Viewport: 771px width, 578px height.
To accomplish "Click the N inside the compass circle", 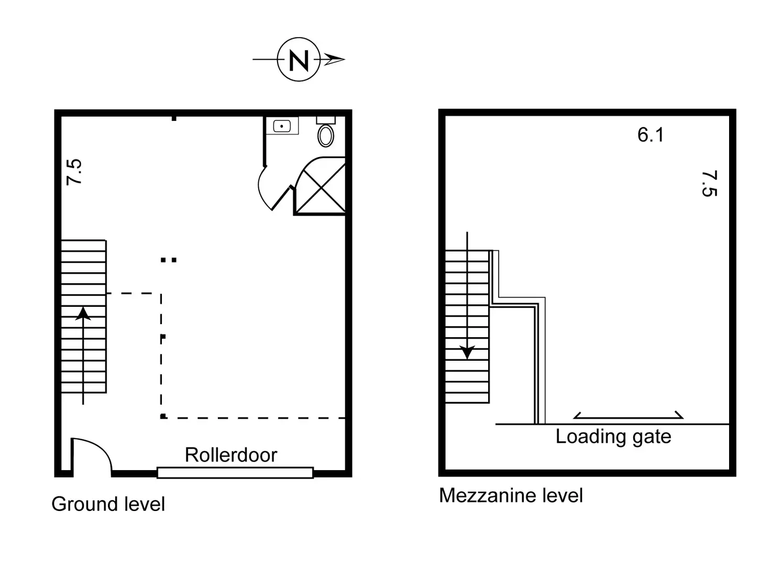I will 299,60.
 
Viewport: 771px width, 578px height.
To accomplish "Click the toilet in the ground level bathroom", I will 326,136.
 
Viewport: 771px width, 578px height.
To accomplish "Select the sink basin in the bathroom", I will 282,126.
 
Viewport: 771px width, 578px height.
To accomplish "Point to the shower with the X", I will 320,187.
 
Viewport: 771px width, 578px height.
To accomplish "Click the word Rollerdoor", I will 230,455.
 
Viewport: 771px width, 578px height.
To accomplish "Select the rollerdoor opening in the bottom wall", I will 235,473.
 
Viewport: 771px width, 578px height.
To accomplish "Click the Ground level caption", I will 108,504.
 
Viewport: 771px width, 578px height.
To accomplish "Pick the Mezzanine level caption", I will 511,495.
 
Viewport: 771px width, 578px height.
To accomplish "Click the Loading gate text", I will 613,436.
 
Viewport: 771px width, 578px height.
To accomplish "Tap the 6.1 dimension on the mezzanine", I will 651,135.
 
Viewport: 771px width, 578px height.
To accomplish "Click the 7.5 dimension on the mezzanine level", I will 709,183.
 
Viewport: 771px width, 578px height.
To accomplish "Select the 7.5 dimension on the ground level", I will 74,172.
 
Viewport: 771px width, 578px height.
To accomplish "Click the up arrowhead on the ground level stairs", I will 83,313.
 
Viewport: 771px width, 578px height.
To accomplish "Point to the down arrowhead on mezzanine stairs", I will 467,353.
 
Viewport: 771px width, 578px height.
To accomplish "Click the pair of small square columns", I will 169,259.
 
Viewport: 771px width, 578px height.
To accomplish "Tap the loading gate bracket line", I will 629,417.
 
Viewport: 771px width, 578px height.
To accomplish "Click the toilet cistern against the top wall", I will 326,120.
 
